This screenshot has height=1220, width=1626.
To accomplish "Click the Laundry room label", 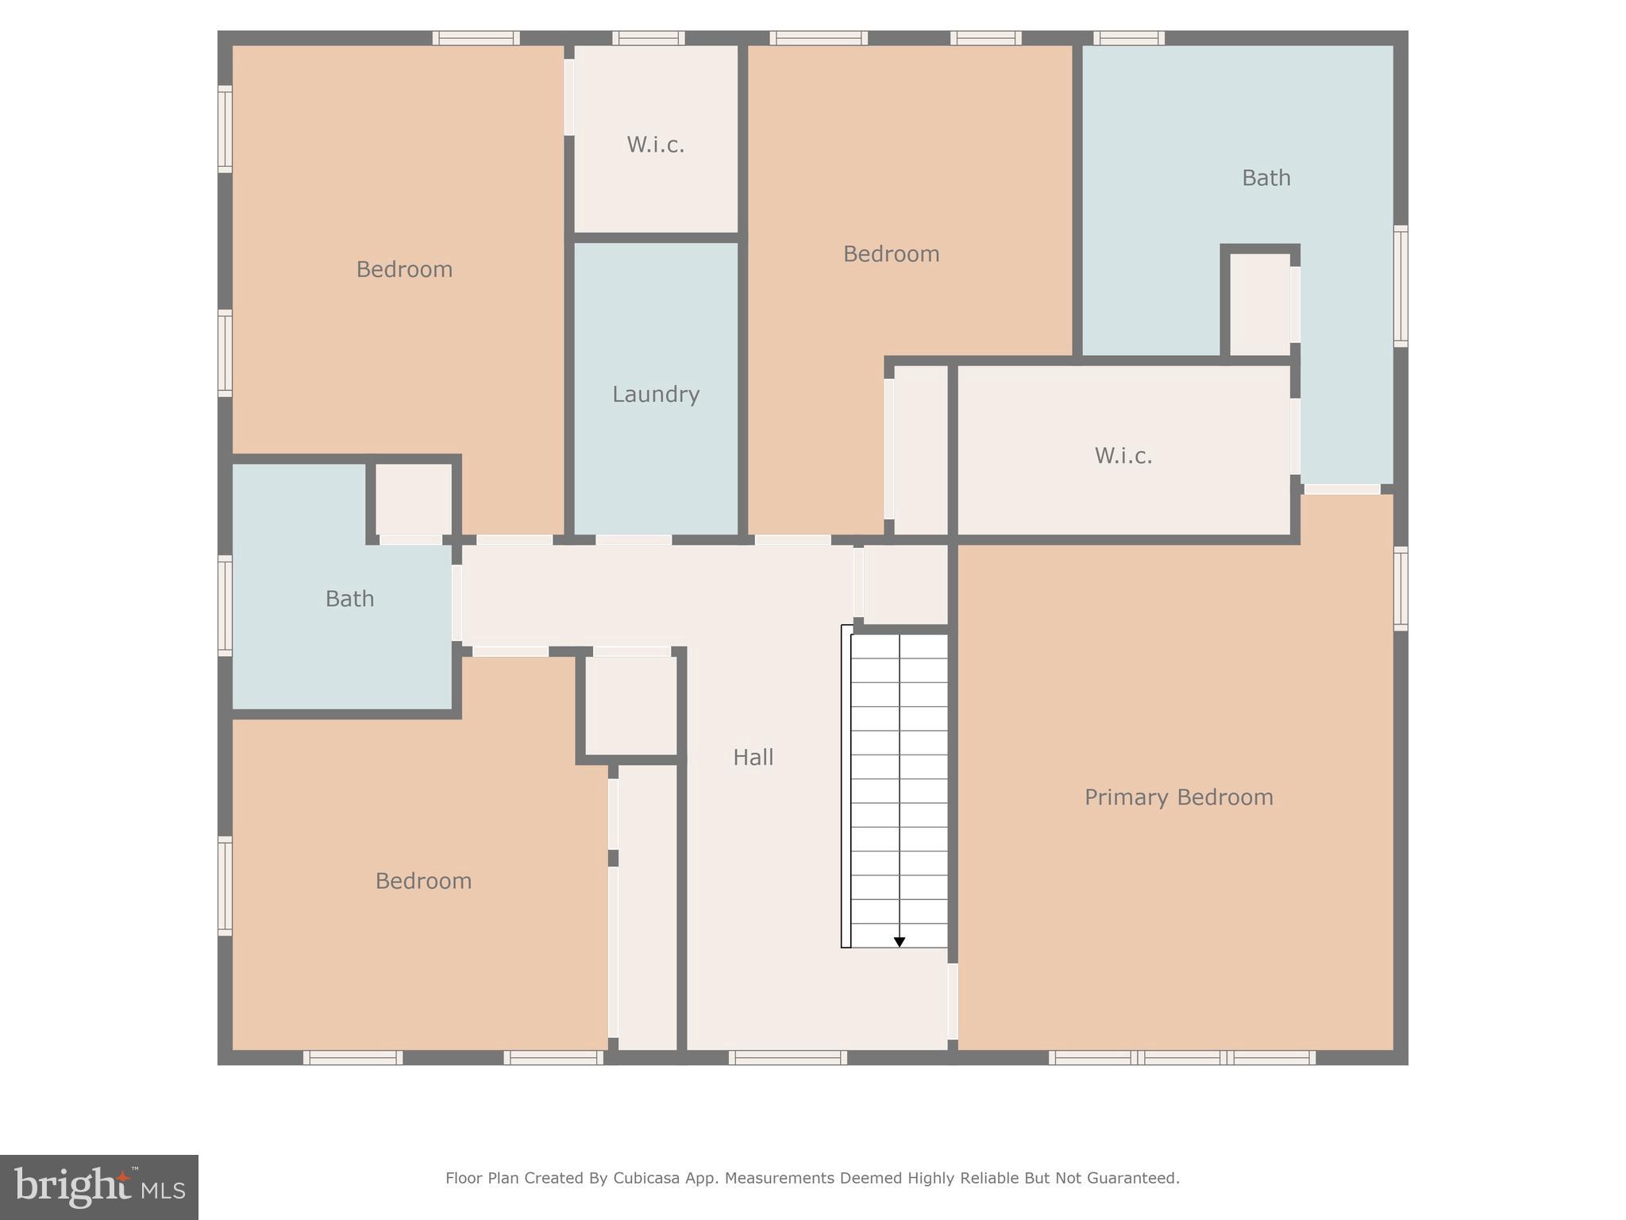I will (x=656, y=394).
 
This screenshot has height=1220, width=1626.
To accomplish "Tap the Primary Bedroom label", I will (x=1178, y=797).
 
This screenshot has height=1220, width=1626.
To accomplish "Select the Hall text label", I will (x=753, y=757).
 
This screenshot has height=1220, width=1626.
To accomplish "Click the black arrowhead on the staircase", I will (x=900, y=942).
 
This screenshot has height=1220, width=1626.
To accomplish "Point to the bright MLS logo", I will (x=99, y=1187).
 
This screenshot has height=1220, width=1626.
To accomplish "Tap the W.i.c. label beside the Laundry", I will (x=655, y=145).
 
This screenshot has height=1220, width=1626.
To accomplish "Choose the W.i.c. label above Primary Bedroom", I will (x=1123, y=455).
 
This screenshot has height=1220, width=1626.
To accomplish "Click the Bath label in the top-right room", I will (x=1266, y=178).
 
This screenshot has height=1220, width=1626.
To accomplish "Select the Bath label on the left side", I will (x=349, y=598).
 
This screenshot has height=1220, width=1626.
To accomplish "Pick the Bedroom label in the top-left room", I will (x=404, y=269).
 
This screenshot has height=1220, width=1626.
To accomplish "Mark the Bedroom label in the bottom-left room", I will (x=423, y=881).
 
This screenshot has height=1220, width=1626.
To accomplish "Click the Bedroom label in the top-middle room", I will (x=891, y=254).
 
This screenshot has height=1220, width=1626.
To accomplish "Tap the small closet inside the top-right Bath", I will (x=1259, y=304).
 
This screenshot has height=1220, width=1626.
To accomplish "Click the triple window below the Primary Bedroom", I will (x=1181, y=1057).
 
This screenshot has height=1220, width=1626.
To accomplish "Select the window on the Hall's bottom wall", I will (x=788, y=1057).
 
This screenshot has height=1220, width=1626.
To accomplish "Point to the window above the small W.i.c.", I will (x=648, y=38).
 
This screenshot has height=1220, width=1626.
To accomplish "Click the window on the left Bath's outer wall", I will (x=225, y=605).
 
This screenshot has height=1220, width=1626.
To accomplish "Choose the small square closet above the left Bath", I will (x=413, y=499).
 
